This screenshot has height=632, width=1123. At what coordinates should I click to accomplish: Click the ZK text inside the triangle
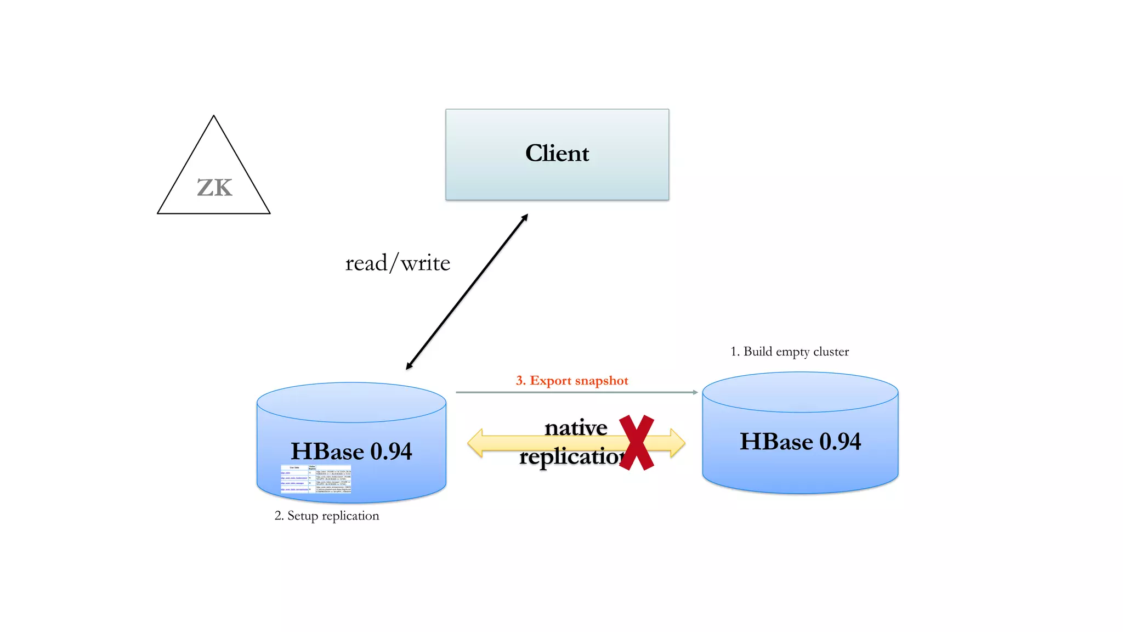coord(214,188)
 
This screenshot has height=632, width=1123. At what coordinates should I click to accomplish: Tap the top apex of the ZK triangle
coord(214,116)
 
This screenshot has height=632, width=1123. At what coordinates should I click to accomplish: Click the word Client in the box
coord(557,153)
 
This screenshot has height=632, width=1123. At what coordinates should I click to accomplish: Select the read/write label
coord(398,263)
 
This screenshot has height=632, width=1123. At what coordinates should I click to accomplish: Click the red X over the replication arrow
coord(637,442)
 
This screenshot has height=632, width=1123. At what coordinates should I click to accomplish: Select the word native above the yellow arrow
coord(576,427)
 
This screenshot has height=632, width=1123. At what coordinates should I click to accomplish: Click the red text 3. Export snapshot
coord(572,381)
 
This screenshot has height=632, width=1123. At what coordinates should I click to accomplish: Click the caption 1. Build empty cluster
coord(790,352)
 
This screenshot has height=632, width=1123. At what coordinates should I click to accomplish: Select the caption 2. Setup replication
coord(327,516)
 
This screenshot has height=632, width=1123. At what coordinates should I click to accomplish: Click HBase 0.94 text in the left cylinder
coord(351,452)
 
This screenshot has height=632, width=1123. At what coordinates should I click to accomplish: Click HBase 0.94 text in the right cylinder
coord(800,442)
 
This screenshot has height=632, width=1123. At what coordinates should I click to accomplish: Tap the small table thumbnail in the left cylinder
coord(316,479)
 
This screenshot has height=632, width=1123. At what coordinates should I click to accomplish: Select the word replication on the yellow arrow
coord(570,456)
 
